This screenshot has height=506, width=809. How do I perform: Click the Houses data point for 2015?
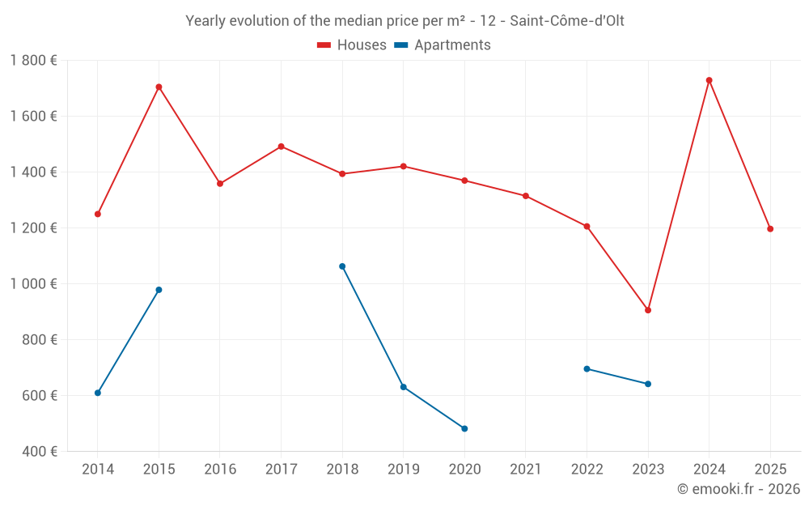pyautogui.click(x=159, y=87)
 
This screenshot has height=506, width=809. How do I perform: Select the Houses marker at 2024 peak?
pyautogui.click(x=709, y=80)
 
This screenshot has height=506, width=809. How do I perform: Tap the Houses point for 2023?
pyautogui.click(x=648, y=310)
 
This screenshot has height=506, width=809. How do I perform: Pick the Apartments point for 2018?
pyautogui.click(x=342, y=266)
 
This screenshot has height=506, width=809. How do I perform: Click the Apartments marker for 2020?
pyautogui.click(x=464, y=428)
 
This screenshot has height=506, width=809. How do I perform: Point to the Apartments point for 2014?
pyautogui.click(x=98, y=393)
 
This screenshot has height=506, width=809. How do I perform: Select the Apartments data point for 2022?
pyautogui.click(x=587, y=368)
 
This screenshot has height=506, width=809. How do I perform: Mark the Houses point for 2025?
pyautogui.click(x=770, y=228)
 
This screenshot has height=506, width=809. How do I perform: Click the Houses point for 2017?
pyautogui.click(x=281, y=147)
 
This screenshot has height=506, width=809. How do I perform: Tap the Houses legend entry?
pyautogui.click(x=352, y=45)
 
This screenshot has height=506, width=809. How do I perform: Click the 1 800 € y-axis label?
pyautogui.click(x=33, y=61)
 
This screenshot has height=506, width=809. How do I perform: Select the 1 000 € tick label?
pyautogui.click(x=33, y=283)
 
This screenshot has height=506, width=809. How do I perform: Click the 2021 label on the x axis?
pyautogui.click(x=526, y=469)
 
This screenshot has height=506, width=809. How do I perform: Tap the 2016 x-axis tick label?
pyautogui.click(x=220, y=469)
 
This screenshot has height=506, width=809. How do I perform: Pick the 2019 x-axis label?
pyautogui.click(x=404, y=469)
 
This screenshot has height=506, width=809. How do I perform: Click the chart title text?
pyautogui.click(x=404, y=20)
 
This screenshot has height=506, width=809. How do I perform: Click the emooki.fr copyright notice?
pyautogui.click(x=738, y=489)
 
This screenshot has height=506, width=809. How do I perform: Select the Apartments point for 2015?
pyautogui.click(x=159, y=290)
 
